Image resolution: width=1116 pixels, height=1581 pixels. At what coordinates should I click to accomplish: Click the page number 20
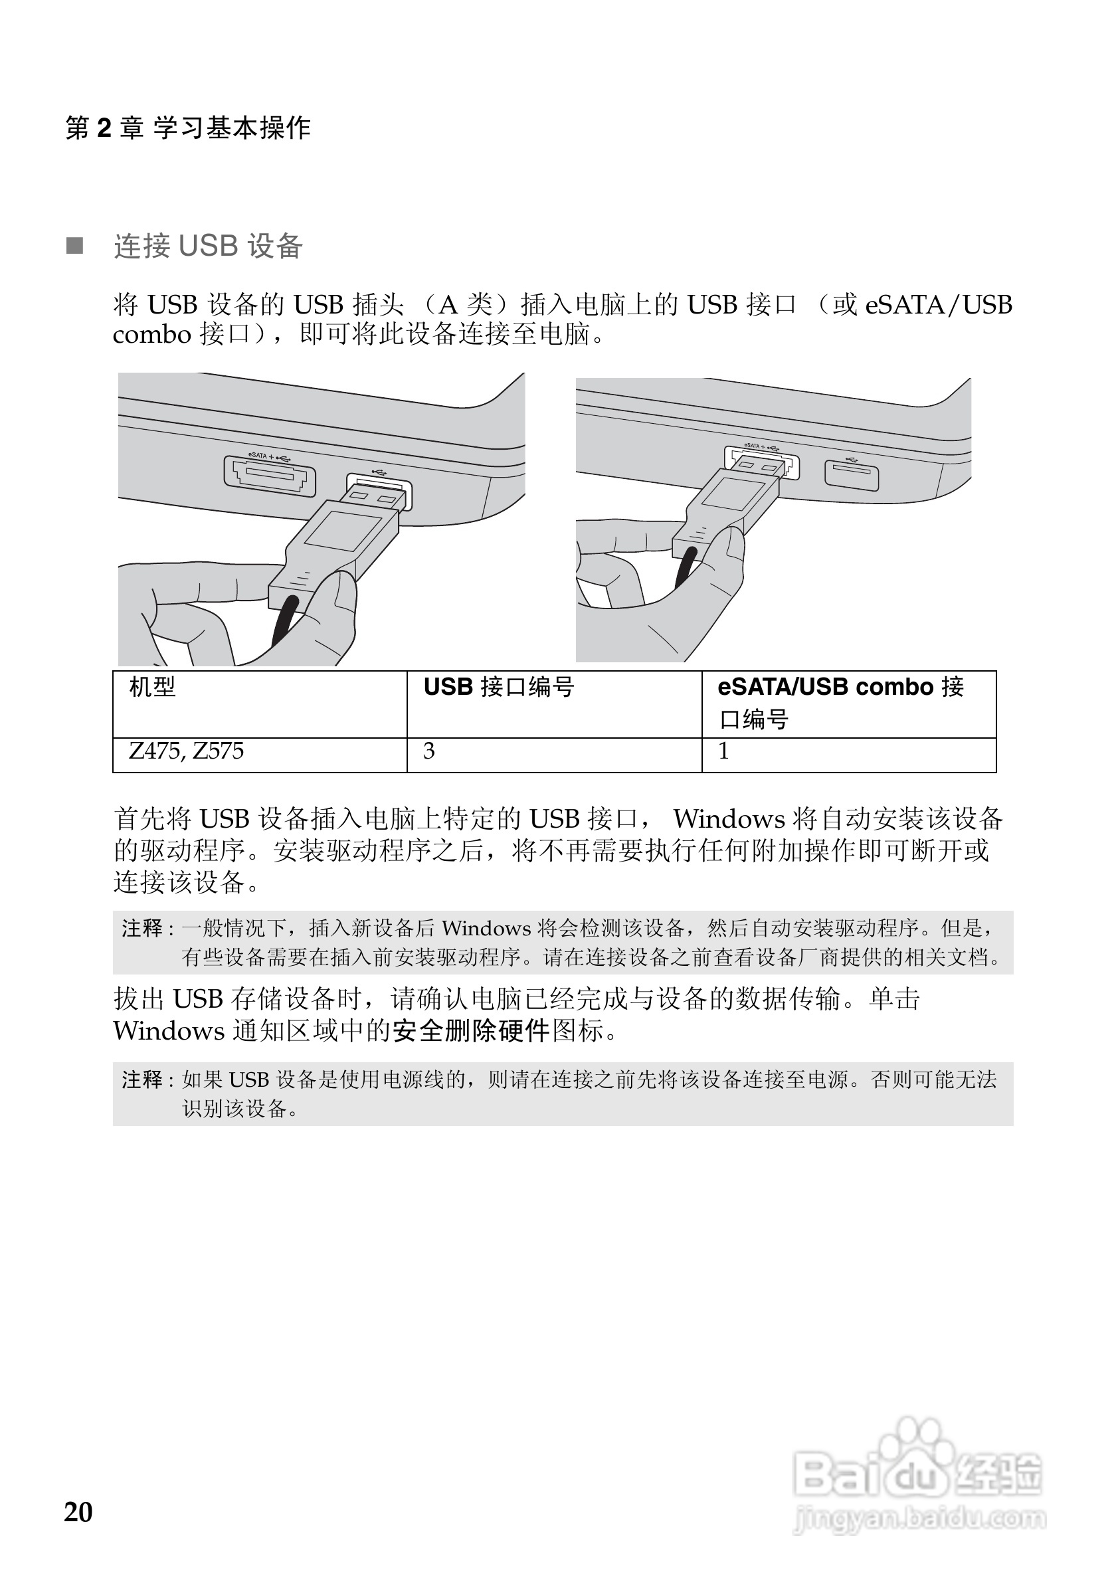point(78,1512)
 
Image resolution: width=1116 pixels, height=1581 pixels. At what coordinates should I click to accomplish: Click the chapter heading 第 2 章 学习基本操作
point(188,128)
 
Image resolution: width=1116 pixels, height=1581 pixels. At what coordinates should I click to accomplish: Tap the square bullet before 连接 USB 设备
point(74,246)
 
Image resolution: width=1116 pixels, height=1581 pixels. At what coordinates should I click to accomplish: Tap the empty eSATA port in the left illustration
point(270,476)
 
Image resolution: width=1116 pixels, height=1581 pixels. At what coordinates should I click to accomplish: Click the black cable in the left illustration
point(285,619)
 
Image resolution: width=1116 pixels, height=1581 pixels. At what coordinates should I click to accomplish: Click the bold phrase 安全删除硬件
point(471,1031)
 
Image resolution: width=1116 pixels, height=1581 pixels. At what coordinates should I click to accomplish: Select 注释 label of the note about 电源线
point(141,1079)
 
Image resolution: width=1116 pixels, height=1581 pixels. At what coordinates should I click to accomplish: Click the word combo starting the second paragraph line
point(151,335)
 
